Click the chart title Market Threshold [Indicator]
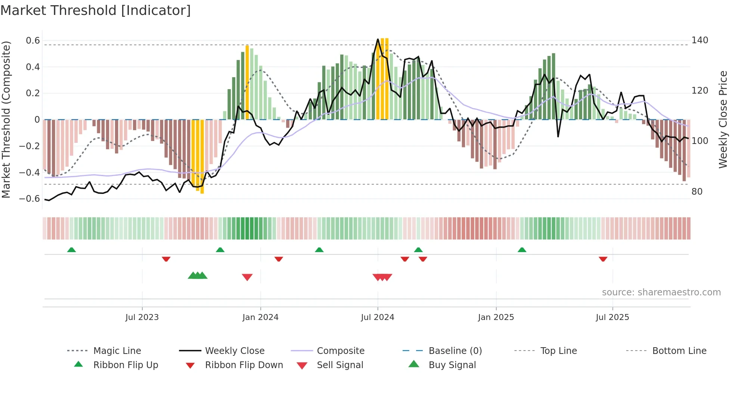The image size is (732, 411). coord(96,10)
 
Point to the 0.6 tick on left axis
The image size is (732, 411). coord(33,41)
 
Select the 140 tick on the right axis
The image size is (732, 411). coord(700,40)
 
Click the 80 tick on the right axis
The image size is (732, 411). coord(697,192)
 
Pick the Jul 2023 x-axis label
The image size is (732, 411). coord(142,317)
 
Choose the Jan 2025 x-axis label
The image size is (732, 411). coord(496,317)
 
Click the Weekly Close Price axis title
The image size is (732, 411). coord(723,119)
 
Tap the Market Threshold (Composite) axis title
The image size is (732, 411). coord(6,119)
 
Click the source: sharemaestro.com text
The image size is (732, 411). coord(661,292)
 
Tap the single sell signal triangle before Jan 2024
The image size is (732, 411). coord(247,277)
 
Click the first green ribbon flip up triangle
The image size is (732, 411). coord(71,250)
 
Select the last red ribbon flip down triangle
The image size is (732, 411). coord(603,259)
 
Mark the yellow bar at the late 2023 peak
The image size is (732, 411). coord(247,82)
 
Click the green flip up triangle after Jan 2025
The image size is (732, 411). coord(522,250)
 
